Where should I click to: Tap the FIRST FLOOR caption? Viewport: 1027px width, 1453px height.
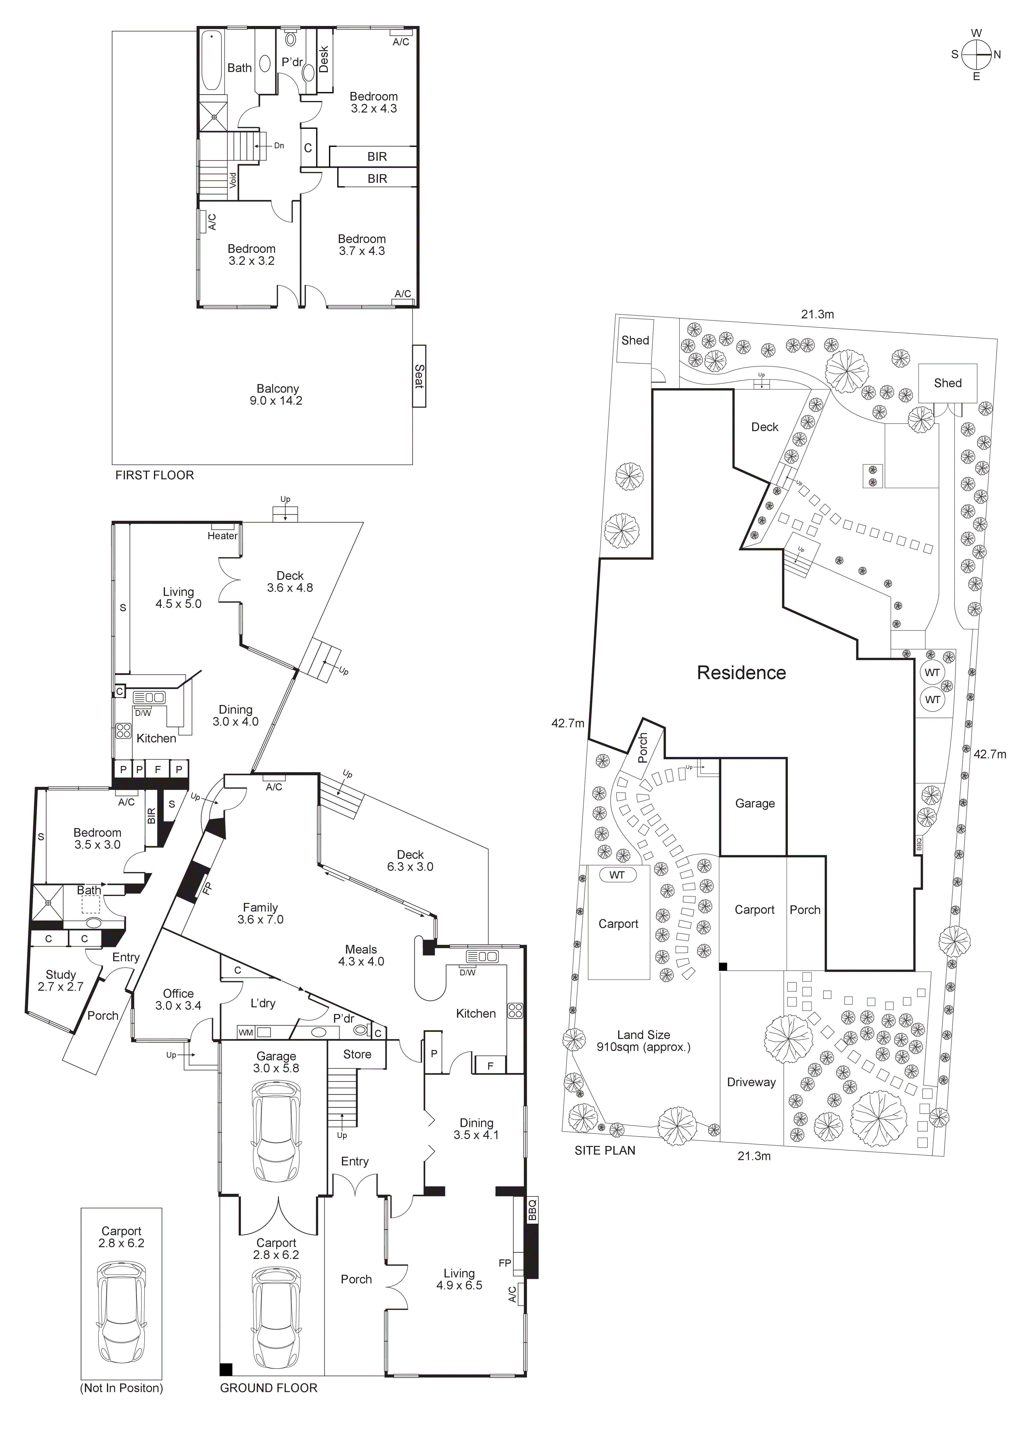154,475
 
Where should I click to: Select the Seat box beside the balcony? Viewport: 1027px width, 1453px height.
419,376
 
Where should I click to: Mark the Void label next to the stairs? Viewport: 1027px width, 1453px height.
233,180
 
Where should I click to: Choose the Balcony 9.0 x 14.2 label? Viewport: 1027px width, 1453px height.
278,395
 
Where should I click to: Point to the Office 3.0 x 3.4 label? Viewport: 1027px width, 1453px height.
178,999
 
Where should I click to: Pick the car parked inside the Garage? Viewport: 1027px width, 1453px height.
276,1125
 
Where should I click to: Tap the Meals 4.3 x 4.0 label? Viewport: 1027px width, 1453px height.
361,955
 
